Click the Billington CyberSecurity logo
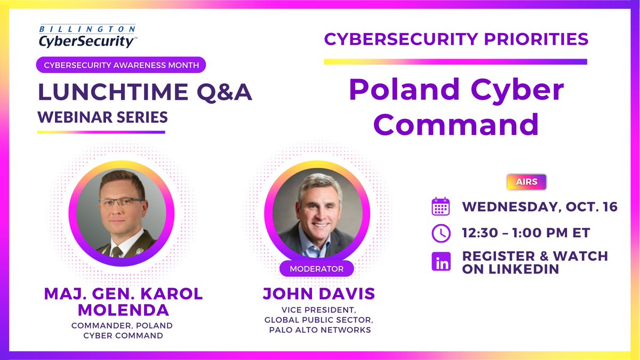pyautogui.click(x=87, y=35)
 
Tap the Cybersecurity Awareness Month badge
pyautogui.click(x=121, y=65)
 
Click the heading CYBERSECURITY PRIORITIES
pyautogui.click(x=456, y=39)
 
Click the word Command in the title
pyautogui.click(x=455, y=124)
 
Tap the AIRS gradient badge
pyautogui.click(x=526, y=182)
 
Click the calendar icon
pyautogui.click(x=441, y=206)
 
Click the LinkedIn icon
pyautogui.click(x=441, y=262)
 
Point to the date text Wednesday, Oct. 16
pyautogui.click(x=539, y=206)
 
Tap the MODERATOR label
pyautogui.click(x=316, y=269)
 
